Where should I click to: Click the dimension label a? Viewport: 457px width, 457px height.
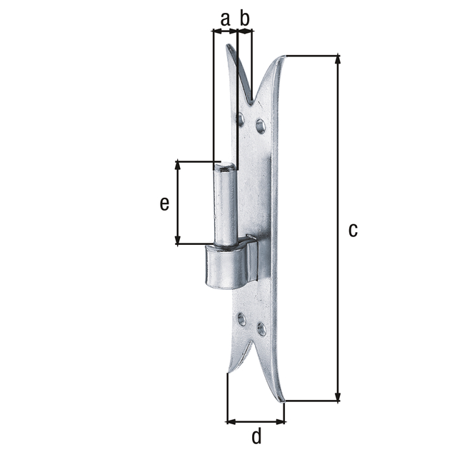click(225, 19)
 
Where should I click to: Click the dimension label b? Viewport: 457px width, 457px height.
click(244, 18)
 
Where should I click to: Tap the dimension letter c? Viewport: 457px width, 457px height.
click(353, 230)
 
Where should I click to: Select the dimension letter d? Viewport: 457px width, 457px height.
click(256, 436)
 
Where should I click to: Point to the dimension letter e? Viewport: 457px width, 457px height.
click(164, 204)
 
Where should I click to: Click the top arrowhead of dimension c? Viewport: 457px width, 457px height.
click(338, 59)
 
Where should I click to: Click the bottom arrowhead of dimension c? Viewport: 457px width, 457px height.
click(338, 397)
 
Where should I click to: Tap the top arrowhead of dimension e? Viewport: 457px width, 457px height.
click(177, 165)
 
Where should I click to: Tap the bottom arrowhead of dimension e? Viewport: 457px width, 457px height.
click(177, 239)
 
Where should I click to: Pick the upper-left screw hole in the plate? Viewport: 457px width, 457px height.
click(241, 119)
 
